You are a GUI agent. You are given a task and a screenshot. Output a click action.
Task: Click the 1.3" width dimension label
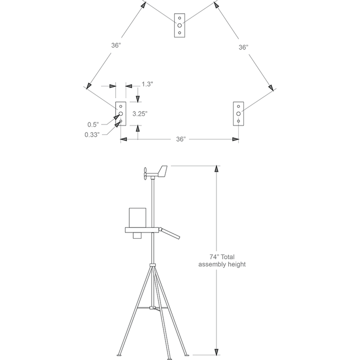point(147,84)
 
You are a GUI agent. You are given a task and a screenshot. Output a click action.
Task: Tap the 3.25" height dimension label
point(140,114)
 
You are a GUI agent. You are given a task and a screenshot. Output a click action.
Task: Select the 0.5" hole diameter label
point(93,124)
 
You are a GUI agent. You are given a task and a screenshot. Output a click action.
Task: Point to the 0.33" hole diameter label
point(92,135)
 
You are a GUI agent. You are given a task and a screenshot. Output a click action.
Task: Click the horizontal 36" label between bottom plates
point(181,139)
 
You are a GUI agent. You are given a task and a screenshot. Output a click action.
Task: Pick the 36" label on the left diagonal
point(116,45)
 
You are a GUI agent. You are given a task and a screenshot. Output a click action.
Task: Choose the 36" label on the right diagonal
point(244,47)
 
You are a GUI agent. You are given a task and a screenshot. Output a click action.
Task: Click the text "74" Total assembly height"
point(222,261)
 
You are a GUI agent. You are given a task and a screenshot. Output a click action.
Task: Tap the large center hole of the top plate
point(179,25)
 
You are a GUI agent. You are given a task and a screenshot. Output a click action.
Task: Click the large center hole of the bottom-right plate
point(238,114)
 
